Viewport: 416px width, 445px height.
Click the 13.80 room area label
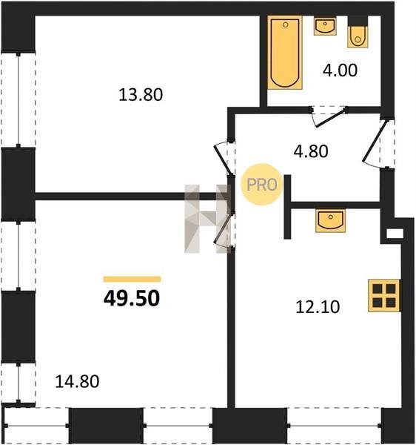[x=141, y=95]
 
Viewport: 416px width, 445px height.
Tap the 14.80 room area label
[x=77, y=381]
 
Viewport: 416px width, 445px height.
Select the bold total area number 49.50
[x=132, y=299]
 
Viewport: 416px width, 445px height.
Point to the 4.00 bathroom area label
[x=340, y=70]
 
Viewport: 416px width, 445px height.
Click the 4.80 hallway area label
[x=311, y=151]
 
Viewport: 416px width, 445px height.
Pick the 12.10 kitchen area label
[x=318, y=307]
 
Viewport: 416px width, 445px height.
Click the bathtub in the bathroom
[x=285, y=53]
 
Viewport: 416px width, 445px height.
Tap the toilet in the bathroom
[x=358, y=32]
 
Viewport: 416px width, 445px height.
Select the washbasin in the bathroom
[x=325, y=26]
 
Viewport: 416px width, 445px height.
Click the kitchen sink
[x=330, y=220]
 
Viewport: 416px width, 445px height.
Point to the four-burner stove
[x=384, y=295]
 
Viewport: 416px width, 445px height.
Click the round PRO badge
[x=261, y=185]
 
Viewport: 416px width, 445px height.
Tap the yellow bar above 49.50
[x=132, y=280]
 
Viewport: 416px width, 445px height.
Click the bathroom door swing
[x=329, y=117]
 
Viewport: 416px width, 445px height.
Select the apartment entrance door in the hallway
[x=375, y=142]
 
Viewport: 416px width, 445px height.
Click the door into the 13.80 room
[x=223, y=156]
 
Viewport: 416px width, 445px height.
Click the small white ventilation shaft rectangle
[x=395, y=234]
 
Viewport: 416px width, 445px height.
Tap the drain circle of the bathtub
[x=286, y=24]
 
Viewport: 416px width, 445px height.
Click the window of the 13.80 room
[x=19, y=99]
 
